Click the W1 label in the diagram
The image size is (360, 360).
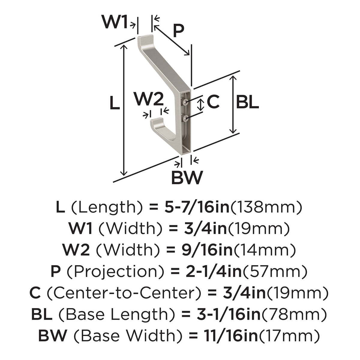pos(114,22)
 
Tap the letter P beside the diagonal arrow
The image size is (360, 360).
pos(178,31)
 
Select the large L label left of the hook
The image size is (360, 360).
pos(115,103)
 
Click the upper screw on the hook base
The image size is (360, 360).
pos(185,102)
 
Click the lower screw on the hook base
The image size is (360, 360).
pos(185,118)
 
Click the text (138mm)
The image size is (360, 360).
pos(266,208)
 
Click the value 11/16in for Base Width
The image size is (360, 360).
pos(231,336)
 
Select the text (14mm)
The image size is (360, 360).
pos(265,250)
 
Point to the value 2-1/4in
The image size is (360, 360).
pos(214,271)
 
